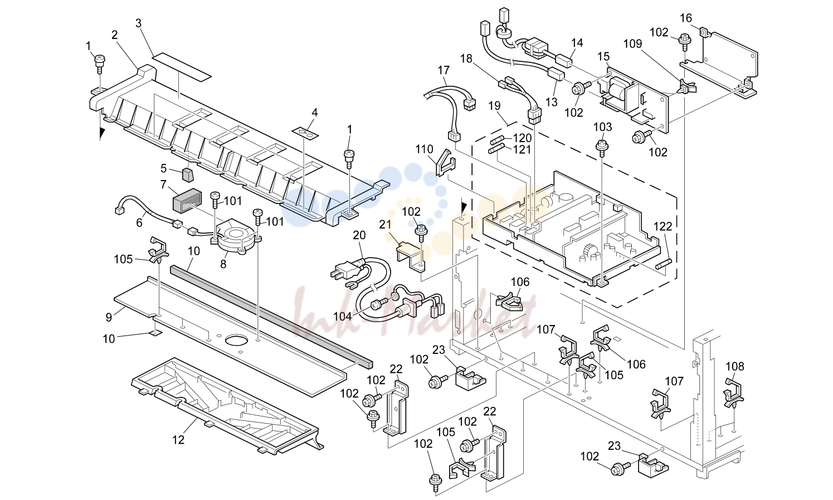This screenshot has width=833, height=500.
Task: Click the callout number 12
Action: click(x=178, y=440)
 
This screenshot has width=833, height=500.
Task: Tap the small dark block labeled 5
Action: click(x=188, y=175)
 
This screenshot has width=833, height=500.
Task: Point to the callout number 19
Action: click(x=495, y=106)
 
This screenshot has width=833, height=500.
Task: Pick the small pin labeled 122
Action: click(x=664, y=265)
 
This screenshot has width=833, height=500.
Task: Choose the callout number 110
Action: click(x=425, y=149)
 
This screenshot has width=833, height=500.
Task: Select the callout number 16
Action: click(x=686, y=18)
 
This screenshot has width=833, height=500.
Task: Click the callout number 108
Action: click(x=735, y=366)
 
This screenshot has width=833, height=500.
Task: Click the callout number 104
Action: click(x=342, y=317)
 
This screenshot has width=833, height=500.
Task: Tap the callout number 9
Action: click(x=109, y=317)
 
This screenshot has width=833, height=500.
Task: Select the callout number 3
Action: click(x=138, y=23)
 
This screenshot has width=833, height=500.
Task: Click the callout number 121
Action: click(x=523, y=149)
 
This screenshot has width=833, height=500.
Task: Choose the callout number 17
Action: click(x=444, y=70)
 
